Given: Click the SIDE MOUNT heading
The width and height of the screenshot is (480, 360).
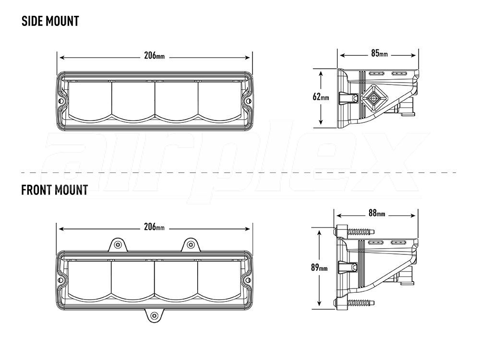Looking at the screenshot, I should point(50,22).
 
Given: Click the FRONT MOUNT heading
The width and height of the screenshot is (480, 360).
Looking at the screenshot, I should point(54,190).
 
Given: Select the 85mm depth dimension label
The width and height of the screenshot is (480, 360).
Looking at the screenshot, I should point(379,53).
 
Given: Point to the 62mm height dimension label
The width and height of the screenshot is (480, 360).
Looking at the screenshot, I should point(321,97).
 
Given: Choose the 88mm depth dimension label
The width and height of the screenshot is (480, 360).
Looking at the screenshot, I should point(377,214).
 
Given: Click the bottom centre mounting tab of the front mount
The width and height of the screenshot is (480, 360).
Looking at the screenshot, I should point(154,315).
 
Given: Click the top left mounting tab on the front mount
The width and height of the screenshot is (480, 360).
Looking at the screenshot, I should point(117,245).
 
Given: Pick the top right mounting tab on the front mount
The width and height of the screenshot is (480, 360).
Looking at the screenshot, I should point(191,245).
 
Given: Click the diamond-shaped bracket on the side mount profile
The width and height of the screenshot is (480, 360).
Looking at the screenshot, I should point(373,98).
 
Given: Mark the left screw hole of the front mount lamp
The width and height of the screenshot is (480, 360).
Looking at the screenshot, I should point(61,279).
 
